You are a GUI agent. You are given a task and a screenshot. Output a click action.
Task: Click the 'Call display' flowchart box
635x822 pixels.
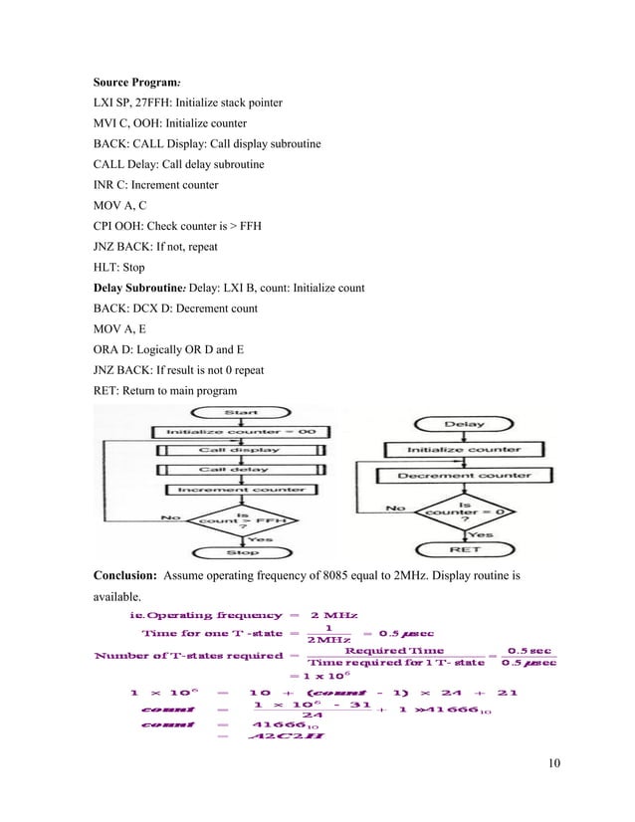pos(239,450)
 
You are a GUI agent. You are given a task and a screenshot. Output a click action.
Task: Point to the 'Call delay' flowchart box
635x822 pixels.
pos(239,469)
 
